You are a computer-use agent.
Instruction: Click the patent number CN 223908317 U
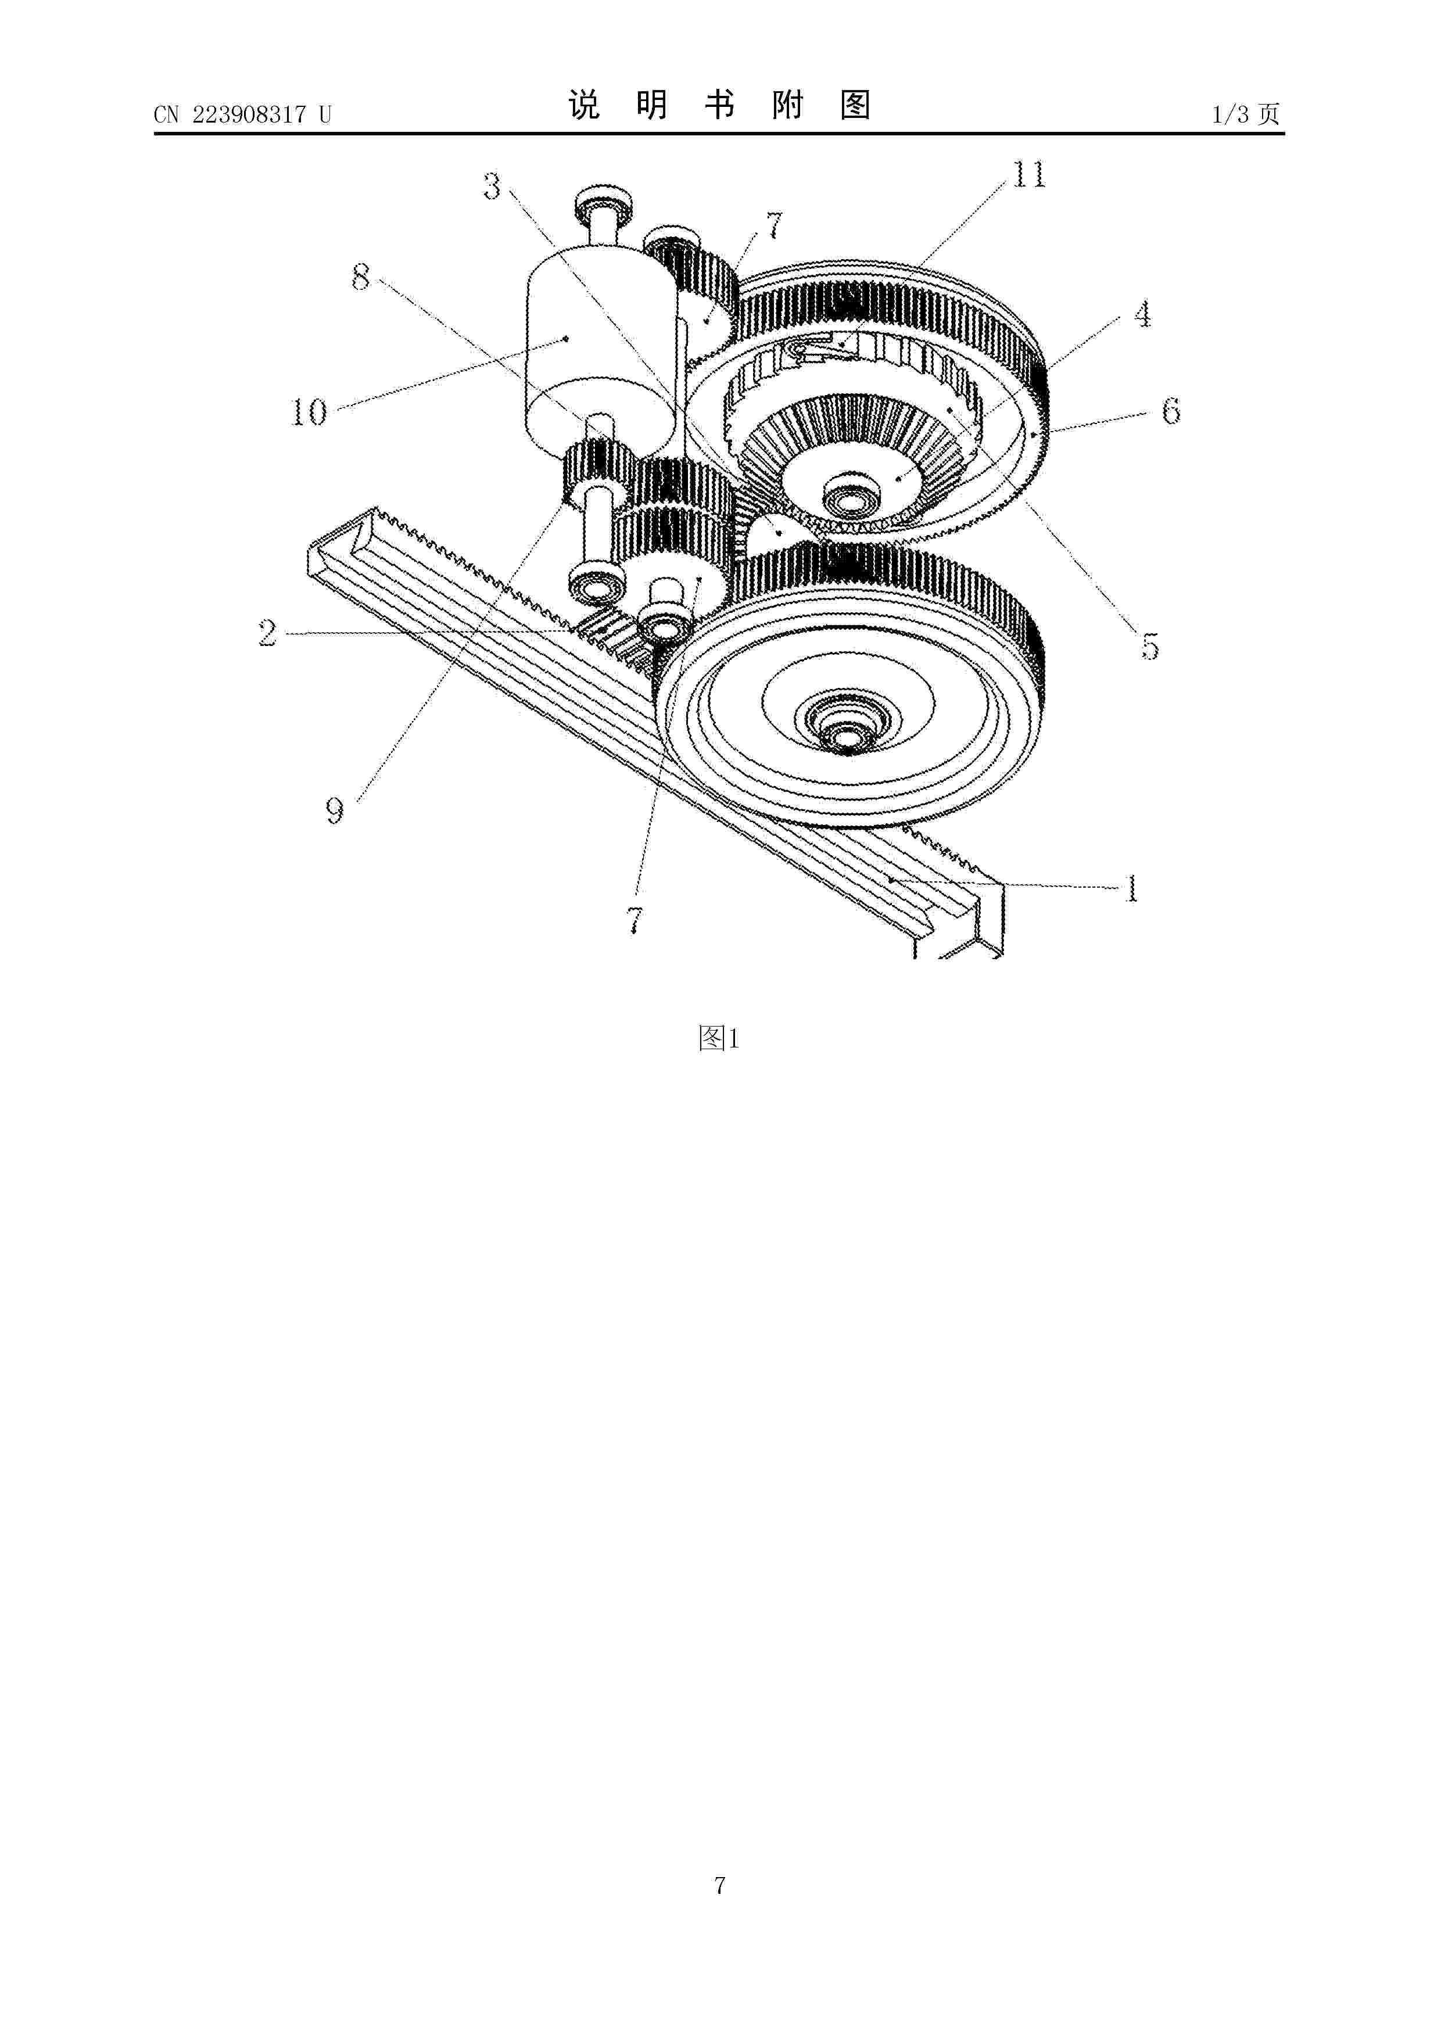pyautogui.click(x=242, y=114)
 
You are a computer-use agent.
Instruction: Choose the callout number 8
pyautogui.click(x=360, y=278)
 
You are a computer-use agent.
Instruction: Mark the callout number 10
pyautogui.click(x=310, y=412)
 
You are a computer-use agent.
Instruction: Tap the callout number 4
pyautogui.click(x=1142, y=314)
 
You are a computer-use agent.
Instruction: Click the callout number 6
pyautogui.click(x=1171, y=410)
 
